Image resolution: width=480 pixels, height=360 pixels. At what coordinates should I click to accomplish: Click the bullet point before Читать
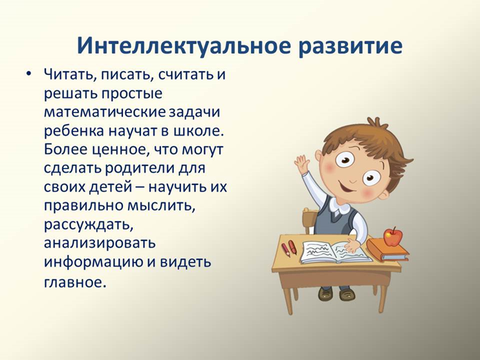[x=28, y=74]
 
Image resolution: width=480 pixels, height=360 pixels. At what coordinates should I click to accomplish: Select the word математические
[x=105, y=112]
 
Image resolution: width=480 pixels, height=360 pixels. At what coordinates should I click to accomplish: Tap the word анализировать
[x=100, y=244]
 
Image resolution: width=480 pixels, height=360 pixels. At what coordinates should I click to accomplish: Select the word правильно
[x=84, y=207]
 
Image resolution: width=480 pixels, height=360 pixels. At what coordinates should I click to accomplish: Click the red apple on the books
[x=393, y=237]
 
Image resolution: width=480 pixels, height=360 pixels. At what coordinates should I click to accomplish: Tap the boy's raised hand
[x=301, y=163]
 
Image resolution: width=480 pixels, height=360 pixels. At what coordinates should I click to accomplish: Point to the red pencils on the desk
[x=289, y=248]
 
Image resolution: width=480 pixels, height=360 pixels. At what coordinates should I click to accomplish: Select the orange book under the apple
[x=388, y=250]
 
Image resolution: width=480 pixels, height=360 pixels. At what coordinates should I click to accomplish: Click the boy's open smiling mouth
[x=347, y=185]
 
